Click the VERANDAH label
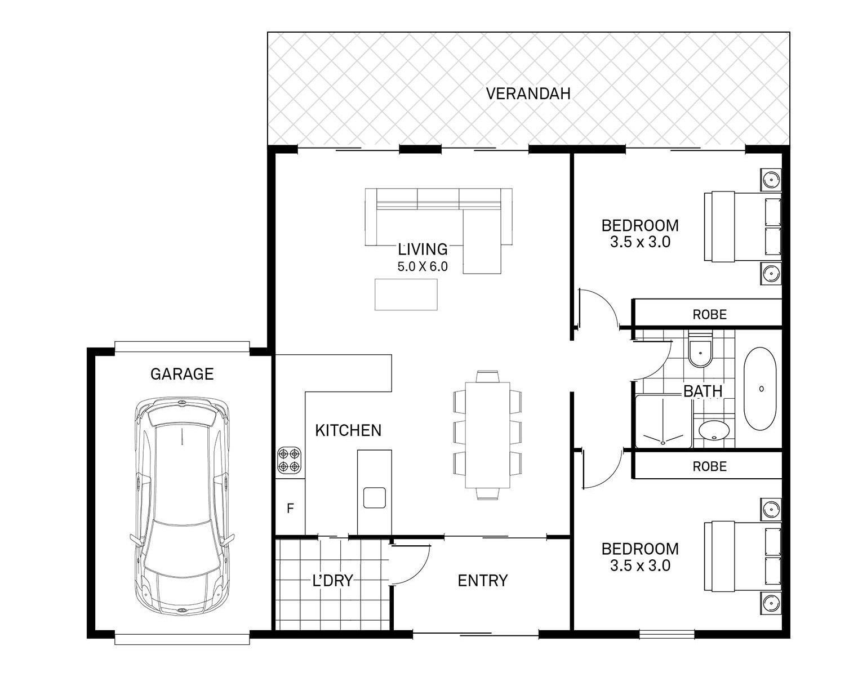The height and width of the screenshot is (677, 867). pyautogui.click(x=528, y=93)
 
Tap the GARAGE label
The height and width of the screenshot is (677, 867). pyautogui.click(x=182, y=374)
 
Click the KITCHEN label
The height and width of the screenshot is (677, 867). pyautogui.click(x=348, y=431)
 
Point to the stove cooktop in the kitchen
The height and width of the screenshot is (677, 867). pyautogui.click(x=289, y=460)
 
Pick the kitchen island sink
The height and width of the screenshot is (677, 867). pyautogui.click(x=374, y=497)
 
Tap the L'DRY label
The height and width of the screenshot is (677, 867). pyautogui.click(x=333, y=581)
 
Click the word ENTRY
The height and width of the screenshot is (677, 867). pyautogui.click(x=482, y=581)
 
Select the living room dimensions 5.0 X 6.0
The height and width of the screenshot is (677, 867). pyautogui.click(x=423, y=266)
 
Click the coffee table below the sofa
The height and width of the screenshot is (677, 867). pyautogui.click(x=406, y=294)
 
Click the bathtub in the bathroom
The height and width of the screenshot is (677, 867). pyautogui.click(x=760, y=389)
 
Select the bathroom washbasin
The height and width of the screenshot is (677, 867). pyautogui.click(x=714, y=430)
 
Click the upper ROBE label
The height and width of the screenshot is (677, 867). pyautogui.click(x=709, y=315)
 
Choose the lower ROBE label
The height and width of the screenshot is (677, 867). pyautogui.click(x=709, y=466)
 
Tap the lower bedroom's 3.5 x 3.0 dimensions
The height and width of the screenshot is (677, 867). pyautogui.click(x=640, y=565)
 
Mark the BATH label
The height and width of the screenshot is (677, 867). pyautogui.click(x=703, y=391)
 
